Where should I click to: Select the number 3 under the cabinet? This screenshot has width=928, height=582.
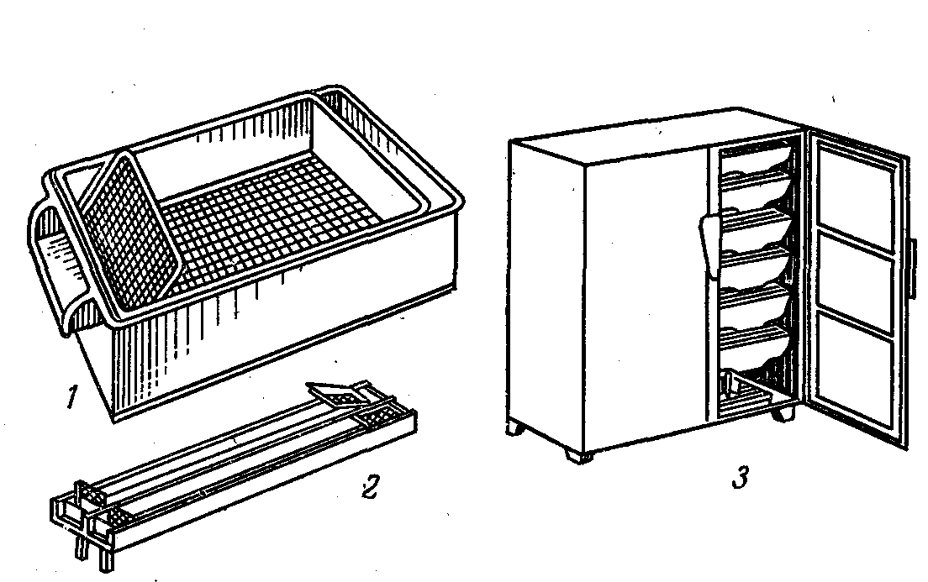(x=740, y=477)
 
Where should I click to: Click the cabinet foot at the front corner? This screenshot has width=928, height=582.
(x=577, y=455)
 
